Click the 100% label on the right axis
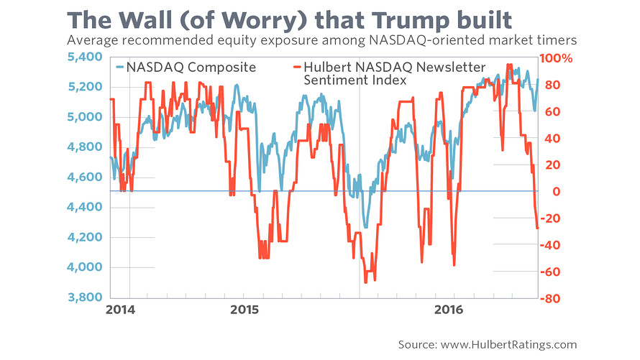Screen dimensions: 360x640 (558, 58)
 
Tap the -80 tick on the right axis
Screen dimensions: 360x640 (552, 298)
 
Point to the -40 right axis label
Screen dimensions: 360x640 (552, 245)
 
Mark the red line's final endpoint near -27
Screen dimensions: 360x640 (537, 228)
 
